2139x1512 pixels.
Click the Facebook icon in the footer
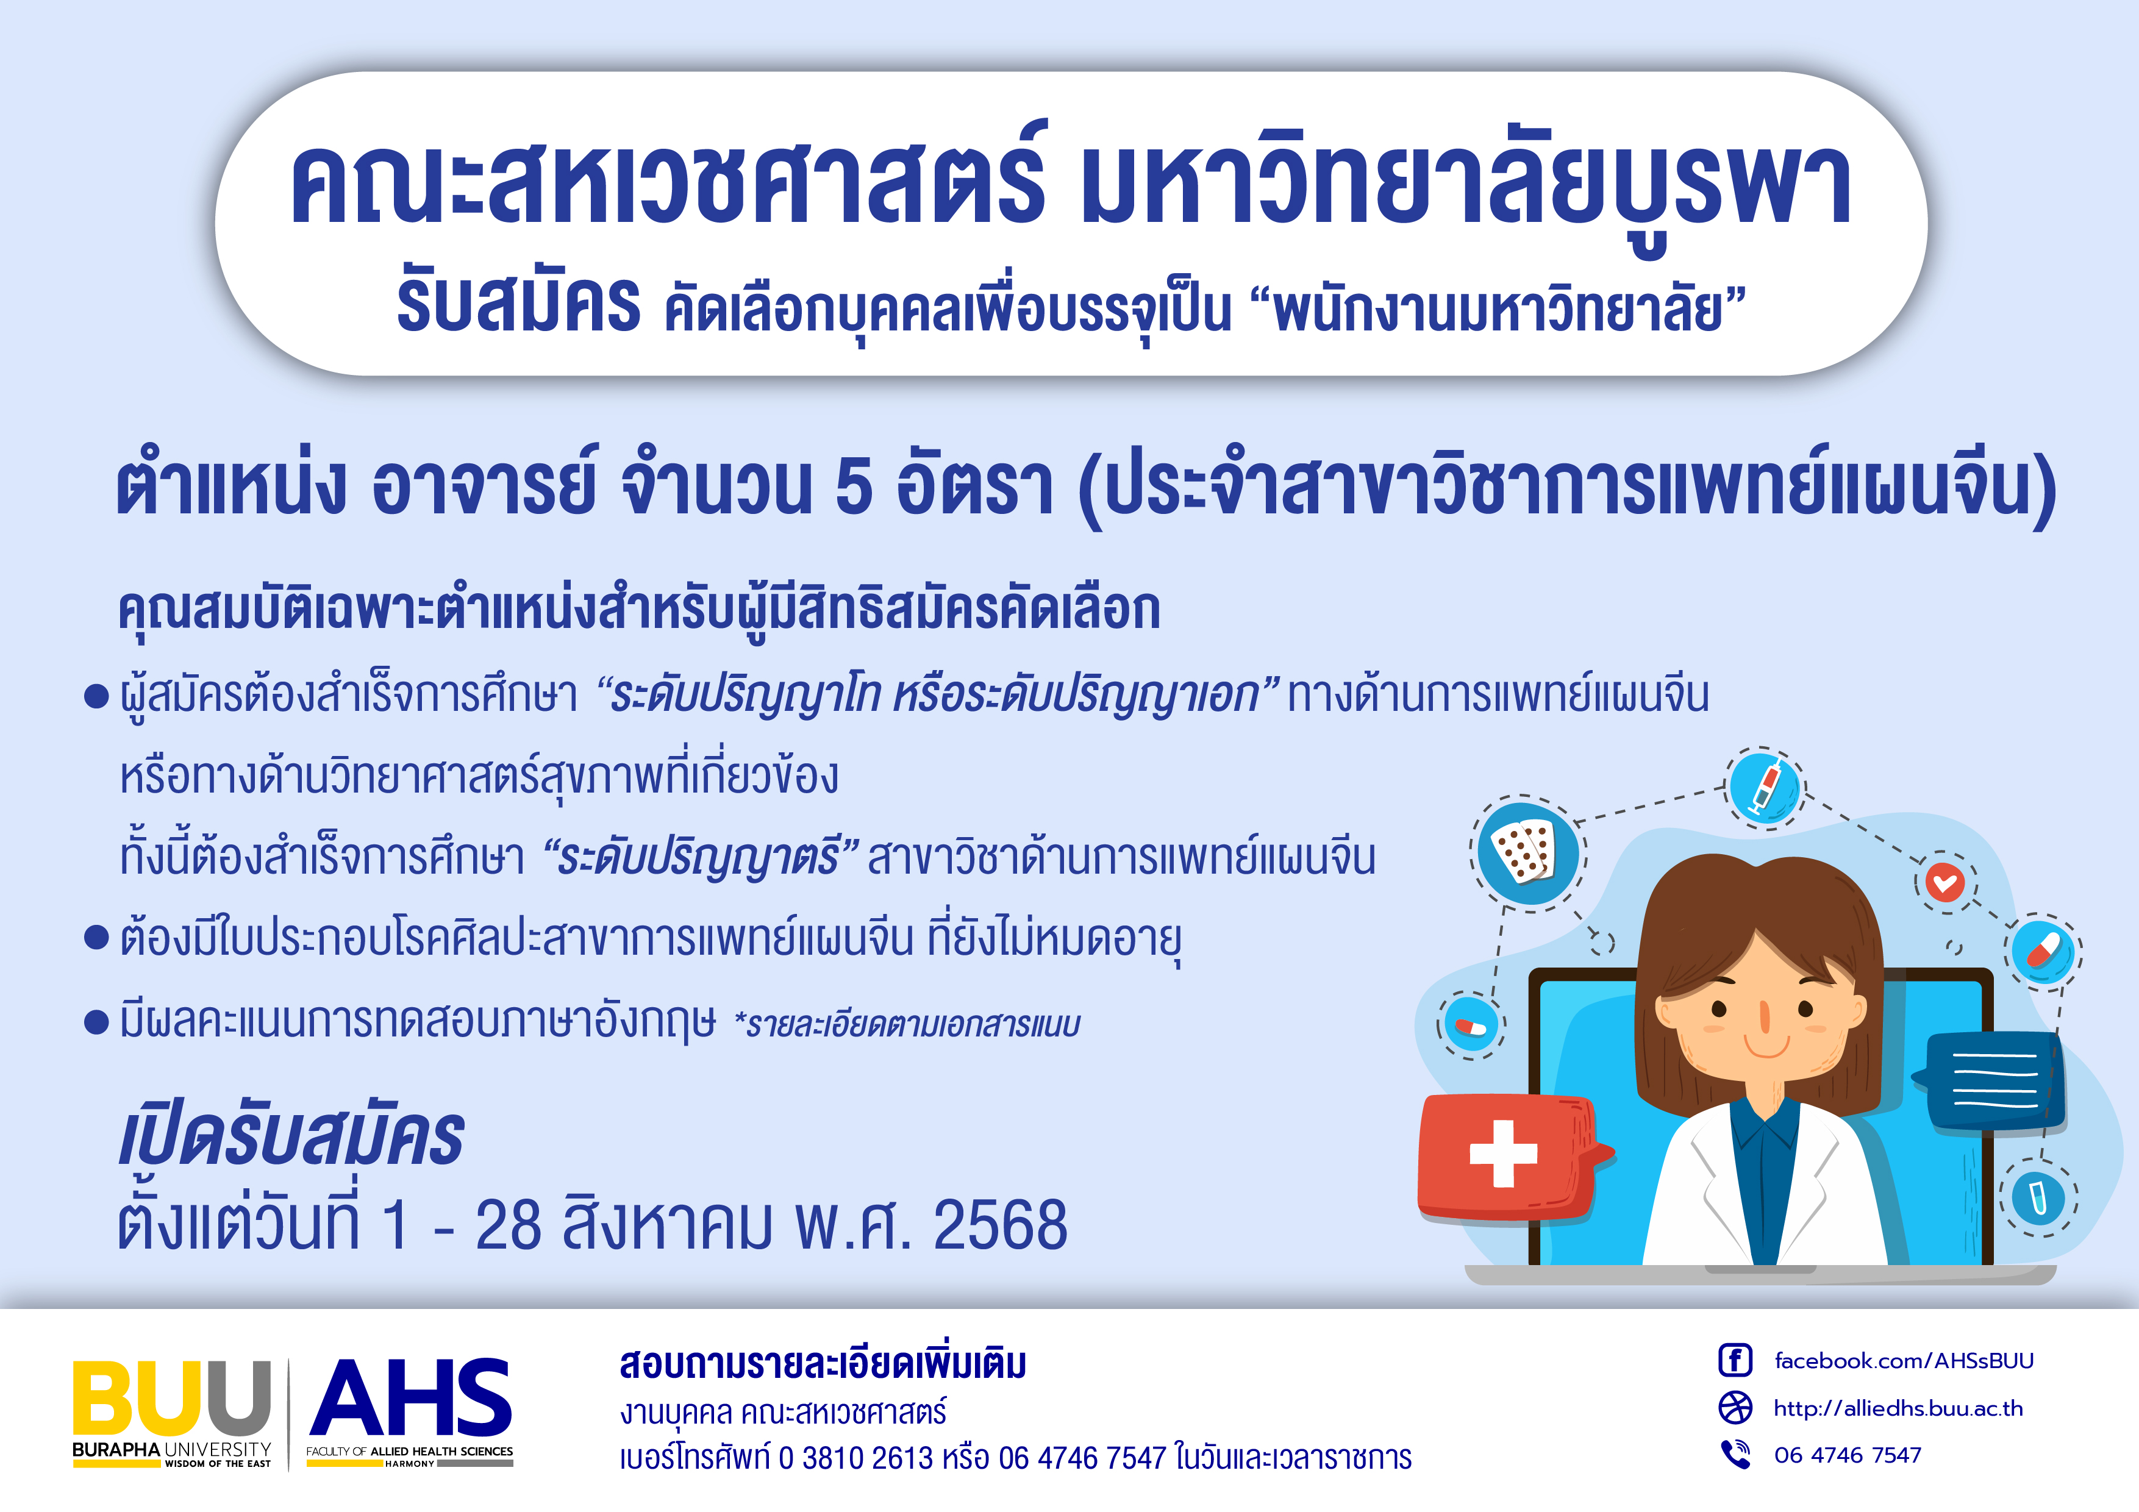coord(1735,1360)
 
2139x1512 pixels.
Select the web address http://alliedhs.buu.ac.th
coord(1898,1408)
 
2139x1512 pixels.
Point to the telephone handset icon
coord(1735,1454)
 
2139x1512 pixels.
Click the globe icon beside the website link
coord(1735,1407)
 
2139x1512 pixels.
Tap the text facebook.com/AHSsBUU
coord(1903,1361)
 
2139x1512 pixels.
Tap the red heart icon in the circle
coord(1945,882)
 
